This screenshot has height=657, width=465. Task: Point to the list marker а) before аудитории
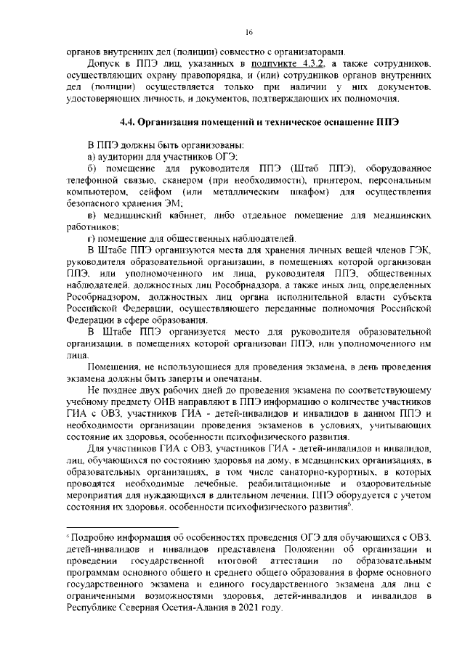tap(92, 156)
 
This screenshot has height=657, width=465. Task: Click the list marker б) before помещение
tap(92, 169)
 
